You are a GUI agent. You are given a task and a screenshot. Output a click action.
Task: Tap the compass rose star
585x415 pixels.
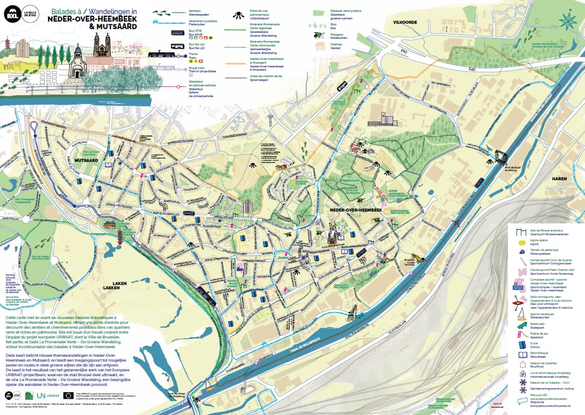click(567, 21)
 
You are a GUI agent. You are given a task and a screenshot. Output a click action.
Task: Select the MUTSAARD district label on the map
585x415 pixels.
click(86, 160)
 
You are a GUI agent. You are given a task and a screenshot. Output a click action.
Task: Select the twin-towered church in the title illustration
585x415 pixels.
click(101, 45)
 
